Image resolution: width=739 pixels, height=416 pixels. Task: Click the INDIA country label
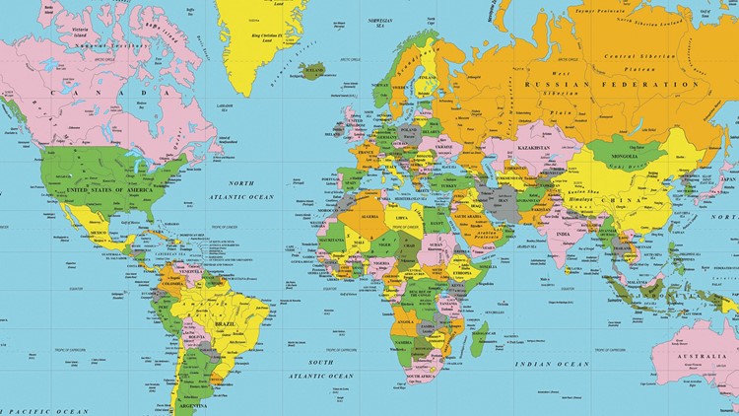tap(562, 235)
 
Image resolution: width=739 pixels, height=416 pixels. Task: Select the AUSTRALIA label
tap(705, 355)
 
